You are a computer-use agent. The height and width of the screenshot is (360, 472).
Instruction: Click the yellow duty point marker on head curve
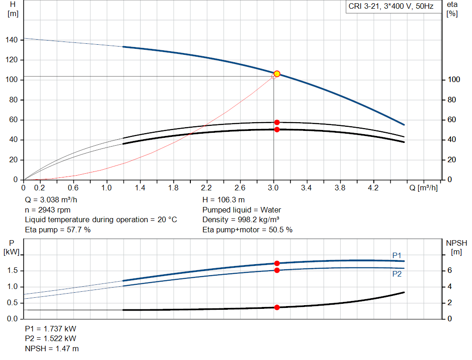[x=277, y=74]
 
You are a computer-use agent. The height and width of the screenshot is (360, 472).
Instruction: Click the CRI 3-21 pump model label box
[x=391, y=7]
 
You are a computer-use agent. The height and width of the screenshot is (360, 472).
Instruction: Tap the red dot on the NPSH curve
[x=277, y=307]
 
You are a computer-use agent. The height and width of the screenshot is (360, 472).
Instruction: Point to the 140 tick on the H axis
[x=12, y=40]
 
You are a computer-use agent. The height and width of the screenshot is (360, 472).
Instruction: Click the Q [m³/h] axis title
[x=423, y=188]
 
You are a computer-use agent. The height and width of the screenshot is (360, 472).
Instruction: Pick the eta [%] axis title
[x=452, y=9]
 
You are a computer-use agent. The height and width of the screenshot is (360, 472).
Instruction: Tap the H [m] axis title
[x=12, y=9]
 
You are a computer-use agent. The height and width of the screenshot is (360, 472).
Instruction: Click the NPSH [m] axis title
[x=456, y=247]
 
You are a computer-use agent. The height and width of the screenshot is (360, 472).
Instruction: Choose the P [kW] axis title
[x=12, y=247]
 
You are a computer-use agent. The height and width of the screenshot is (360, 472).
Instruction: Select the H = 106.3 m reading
[x=224, y=200]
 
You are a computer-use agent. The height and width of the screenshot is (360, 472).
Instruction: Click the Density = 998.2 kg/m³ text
[x=242, y=219]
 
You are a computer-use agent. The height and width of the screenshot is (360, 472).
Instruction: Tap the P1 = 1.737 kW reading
[x=51, y=329]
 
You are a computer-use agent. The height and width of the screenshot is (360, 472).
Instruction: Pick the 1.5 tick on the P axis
[x=12, y=271]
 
